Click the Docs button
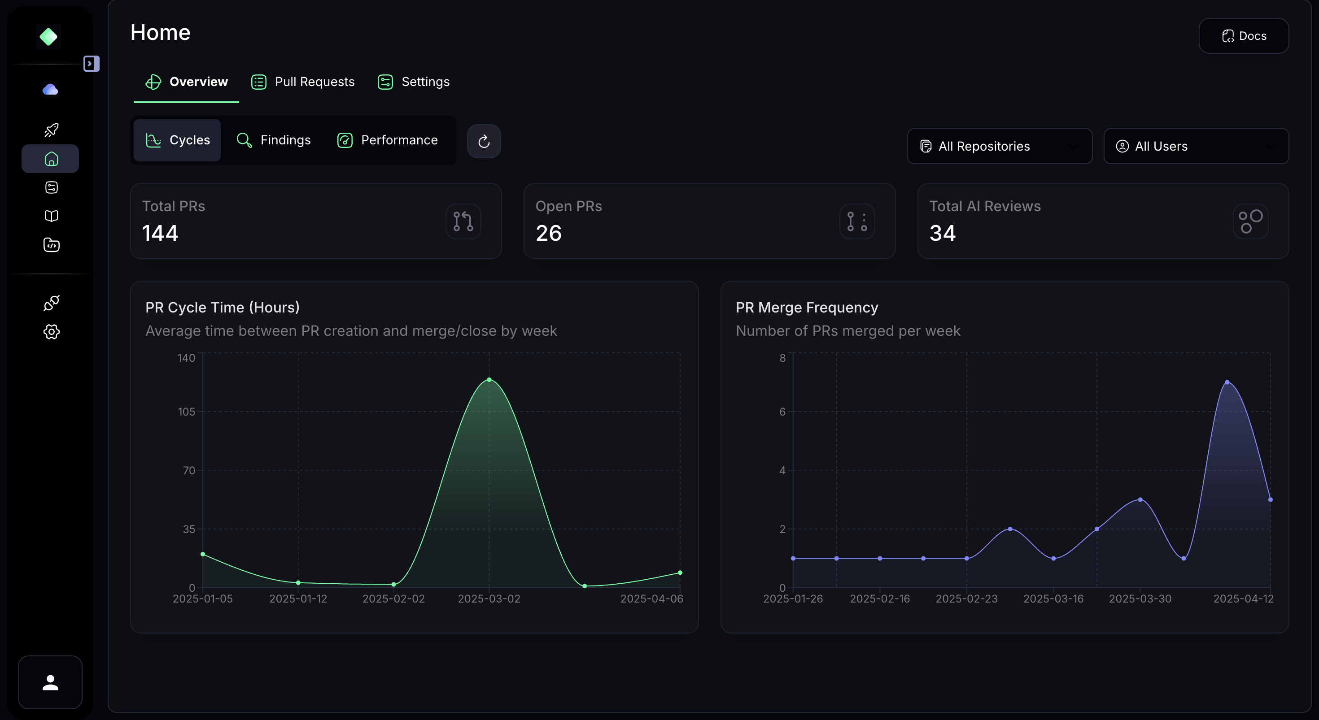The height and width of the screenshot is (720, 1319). point(1243,36)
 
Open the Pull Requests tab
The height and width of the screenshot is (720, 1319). point(303,82)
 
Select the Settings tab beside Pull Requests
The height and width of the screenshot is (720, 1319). point(413,82)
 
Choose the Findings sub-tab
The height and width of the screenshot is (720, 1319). point(274,140)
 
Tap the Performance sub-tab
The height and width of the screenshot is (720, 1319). point(388,140)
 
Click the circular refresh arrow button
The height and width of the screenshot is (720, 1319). point(483,141)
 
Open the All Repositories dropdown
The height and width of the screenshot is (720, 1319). point(999,146)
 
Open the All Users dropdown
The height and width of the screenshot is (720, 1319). point(1196,146)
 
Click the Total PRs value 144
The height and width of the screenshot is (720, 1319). point(160,233)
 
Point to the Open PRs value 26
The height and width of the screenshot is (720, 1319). point(548,233)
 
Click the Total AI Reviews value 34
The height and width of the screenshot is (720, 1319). point(942,233)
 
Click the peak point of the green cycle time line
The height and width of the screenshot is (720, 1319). point(489,380)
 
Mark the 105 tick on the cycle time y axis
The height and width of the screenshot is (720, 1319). point(186,412)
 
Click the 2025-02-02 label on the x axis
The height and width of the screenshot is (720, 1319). point(393,599)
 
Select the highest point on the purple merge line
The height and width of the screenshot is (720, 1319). point(1227,382)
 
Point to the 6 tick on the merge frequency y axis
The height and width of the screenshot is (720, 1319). point(782,412)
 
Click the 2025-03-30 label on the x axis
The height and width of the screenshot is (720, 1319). point(1140,599)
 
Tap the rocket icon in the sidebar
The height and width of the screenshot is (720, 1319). point(51,130)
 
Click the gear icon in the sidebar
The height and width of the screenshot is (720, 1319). point(51,332)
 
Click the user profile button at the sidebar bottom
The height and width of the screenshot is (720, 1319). point(50,682)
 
